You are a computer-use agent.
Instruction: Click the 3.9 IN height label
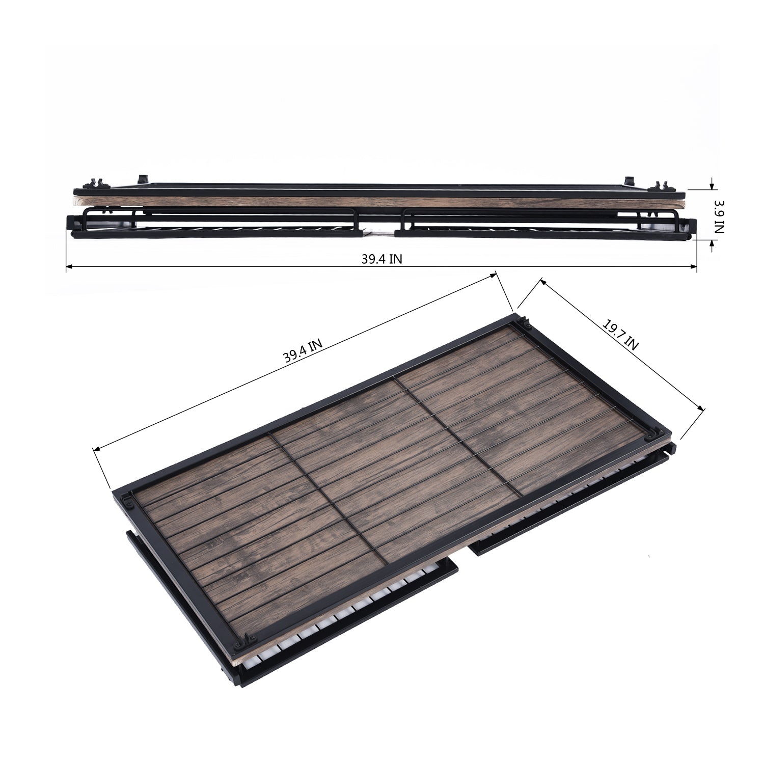pyautogui.click(x=718, y=216)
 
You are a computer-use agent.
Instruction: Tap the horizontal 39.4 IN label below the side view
pyautogui.click(x=382, y=259)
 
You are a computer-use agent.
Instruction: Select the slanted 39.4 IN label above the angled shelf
pyautogui.click(x=303, y=350)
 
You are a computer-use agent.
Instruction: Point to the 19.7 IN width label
pyautogui.click(x=620, y=335)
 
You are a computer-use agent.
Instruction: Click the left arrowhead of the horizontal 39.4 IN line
pyautogui.click(x=70, y=266)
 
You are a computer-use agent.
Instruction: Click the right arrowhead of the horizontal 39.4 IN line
pyautogui.click(x=693, y=266)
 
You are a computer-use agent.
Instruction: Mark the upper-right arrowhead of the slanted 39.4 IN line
pyautogui.click(x=493, y=276)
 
